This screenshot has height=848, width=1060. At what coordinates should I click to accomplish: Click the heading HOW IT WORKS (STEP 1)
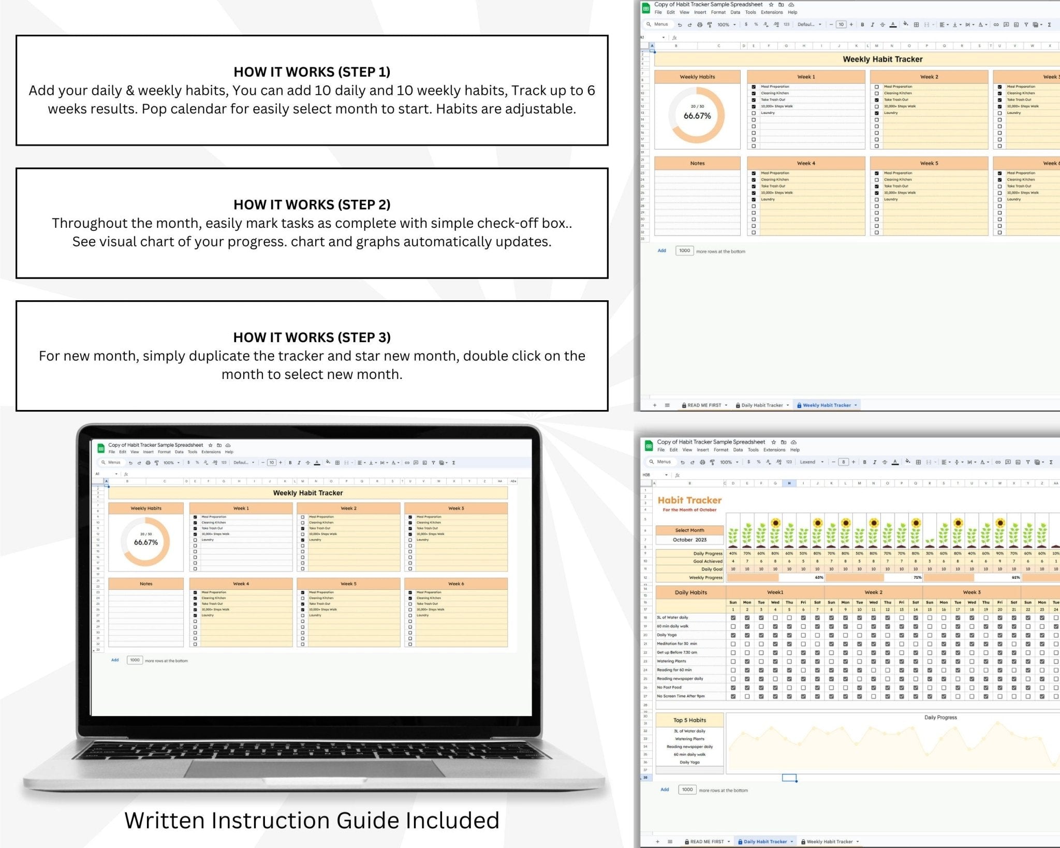[312, 72]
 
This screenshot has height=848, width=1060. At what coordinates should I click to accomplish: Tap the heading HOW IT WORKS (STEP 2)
[312, 204]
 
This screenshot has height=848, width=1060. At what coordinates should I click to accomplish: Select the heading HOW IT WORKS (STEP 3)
[312, 338]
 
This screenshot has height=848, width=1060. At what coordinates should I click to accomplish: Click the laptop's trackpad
[314, 768]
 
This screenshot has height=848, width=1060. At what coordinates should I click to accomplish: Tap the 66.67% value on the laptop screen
[146, 543]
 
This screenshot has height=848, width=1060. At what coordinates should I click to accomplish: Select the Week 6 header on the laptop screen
[455, 584]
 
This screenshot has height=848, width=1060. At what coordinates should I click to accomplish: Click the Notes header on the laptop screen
[146, 584]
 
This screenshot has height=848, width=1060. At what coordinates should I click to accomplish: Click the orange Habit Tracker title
[689, 500]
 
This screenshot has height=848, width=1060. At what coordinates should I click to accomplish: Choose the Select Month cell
[689, 530]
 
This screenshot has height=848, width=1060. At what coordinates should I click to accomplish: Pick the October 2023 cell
[689, 540]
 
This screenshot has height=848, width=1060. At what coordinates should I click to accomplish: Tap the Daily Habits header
[690, 592]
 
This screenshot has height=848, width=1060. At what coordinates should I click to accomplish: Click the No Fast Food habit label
[669, 688]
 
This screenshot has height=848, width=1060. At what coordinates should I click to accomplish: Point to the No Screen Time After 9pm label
[681, 696]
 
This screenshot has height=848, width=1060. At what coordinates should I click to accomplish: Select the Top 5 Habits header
[689, 720]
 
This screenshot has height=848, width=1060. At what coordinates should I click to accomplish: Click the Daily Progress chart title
[940, 718]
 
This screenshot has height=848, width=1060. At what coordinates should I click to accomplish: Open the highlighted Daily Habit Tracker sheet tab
[765, 842]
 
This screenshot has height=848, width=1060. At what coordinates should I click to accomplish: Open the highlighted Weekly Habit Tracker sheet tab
[827, 405]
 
